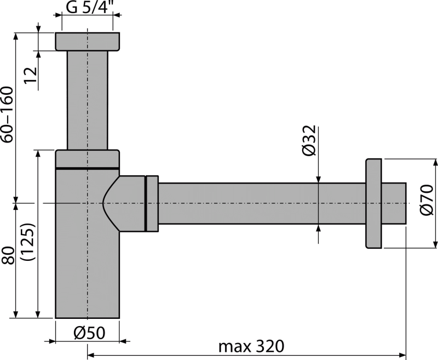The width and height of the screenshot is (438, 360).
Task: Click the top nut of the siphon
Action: pyautogui.click(x=88, y=42)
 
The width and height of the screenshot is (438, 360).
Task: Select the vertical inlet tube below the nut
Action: pyautogui.click(x=88, y=99)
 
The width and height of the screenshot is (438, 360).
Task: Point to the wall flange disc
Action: pyautogui.click(x=374, y=203)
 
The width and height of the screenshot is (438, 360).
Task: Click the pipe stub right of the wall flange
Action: pyautogui.click(x=394, y=203)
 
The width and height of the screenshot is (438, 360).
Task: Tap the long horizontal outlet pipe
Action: pyautogui.click(x=263, y=203)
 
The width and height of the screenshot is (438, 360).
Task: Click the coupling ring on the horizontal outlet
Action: pyautogui.click(x=152, y=203)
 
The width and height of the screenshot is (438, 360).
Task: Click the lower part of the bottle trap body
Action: pyautogui.click(x=88, y=274)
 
